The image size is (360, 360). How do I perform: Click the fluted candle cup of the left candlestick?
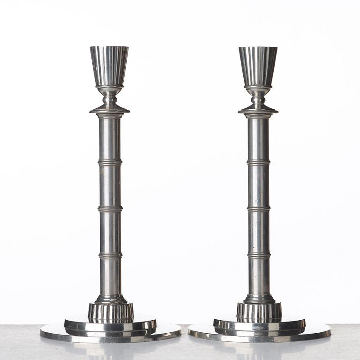point(110,66)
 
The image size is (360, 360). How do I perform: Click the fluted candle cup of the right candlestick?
point(258,66)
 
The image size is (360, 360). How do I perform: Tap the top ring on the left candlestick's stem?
point(110,162)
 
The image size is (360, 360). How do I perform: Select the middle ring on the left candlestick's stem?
point(110,209)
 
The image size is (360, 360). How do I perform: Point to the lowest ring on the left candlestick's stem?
point(111,255)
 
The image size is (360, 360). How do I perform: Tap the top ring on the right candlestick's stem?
point(258,162)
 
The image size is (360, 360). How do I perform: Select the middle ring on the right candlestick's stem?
point(259,209)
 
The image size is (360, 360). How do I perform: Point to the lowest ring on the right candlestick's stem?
point(259,255)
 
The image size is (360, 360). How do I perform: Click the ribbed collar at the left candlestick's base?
point(111,312)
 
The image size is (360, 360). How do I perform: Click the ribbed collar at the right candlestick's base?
point(259,312)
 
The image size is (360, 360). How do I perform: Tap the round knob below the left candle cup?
point(110,97)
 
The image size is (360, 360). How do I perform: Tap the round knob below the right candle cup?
point(258,97)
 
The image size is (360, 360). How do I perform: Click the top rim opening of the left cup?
point(110,47)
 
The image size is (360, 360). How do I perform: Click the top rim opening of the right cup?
point(258,48)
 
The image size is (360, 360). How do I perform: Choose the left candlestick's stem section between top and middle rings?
point(110,185)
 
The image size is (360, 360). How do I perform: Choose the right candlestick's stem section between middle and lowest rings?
point(259,232)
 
